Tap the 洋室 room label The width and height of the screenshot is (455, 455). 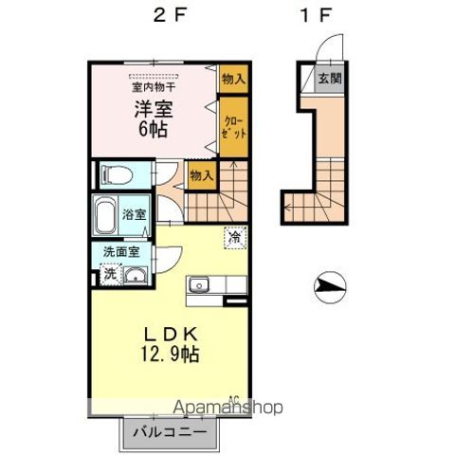152,109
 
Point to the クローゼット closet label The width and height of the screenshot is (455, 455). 235,127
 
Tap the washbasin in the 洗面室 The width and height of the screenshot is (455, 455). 136,275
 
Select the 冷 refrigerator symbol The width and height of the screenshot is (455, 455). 233,238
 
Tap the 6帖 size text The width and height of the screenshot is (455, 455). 152,130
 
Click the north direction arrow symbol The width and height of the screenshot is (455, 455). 329,283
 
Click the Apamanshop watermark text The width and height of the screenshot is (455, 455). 228,408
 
